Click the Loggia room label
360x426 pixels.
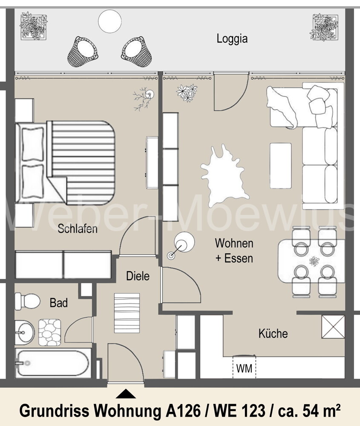coord(232,39)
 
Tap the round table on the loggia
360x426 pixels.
coord(109,21)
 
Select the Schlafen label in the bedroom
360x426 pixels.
coord(78,229)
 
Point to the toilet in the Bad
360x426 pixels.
coord(26,301)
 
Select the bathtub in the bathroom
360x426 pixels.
coord(53,363)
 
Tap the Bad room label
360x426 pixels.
coord(58,303)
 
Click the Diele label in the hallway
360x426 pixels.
coord(138,276)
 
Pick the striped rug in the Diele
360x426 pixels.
coord(127,313)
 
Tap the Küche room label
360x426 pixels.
coord(273,333)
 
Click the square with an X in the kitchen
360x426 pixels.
coord(333,327)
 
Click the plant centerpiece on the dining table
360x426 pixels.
coord(314,261)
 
